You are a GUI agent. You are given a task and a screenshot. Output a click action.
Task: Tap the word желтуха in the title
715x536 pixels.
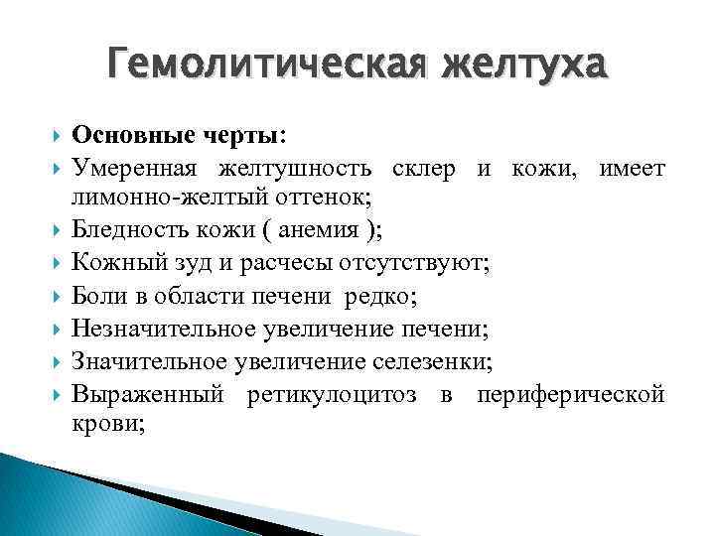click(525, 67)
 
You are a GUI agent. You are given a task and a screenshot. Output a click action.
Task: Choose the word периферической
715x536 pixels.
click(570, 393)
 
